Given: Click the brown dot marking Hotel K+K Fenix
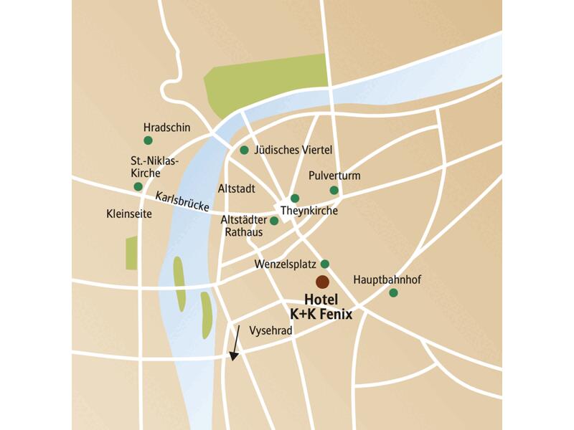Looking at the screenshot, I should pos(323,282).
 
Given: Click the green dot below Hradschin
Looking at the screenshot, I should pos(148,140).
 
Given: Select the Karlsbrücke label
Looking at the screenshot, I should pos(182,202).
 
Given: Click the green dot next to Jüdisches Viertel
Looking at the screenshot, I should pos(244,150).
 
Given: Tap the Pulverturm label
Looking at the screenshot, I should pos(334,176).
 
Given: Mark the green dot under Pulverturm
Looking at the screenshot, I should pos(334,190).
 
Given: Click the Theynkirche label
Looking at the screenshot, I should pos(309,211).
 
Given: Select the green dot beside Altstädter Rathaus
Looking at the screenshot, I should pos(274,221).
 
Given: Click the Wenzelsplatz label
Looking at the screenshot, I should pos(285,264).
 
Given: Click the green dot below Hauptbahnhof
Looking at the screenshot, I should pos(393,292).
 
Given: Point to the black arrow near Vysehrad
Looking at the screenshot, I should pos(235,342).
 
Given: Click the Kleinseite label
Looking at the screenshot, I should pos(128,214).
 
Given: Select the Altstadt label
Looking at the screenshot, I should pos(235,189).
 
